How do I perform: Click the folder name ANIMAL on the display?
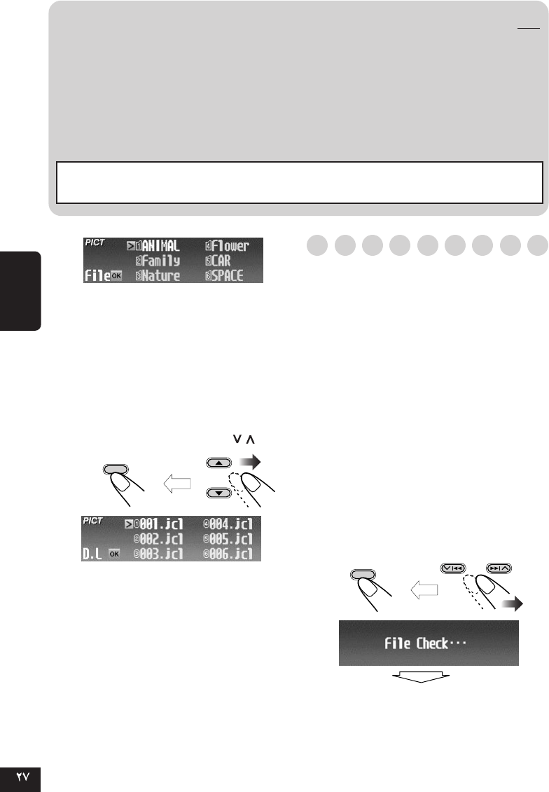click(162, 246)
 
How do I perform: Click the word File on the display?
click(97, 275)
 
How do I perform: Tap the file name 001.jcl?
click(164, 524)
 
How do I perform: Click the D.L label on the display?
click(94, 554)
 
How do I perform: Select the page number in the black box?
click(21, 778)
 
